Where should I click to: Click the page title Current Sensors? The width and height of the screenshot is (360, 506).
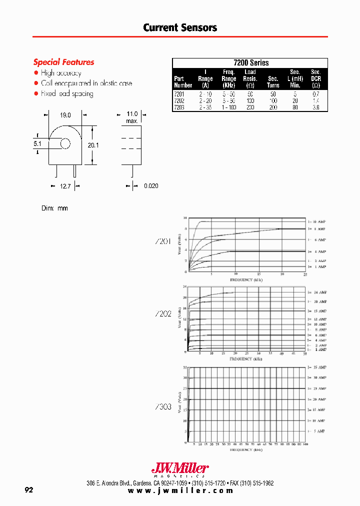pyautogui.click(x=180, y=28)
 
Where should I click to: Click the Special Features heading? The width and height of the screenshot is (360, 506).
pyautogui.click(x=63, y=62)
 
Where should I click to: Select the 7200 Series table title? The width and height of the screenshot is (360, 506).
pyautogui.click(x=250, y=63)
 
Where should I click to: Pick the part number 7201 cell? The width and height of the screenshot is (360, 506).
pyautogui.click(x=179, y=94)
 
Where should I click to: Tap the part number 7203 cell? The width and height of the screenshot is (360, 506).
pyautogui.click(x=179, y=107)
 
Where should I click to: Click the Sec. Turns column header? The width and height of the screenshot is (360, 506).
pyautogui.click(x=273, y=82)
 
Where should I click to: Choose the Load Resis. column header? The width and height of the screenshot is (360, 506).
pyautogui.click(x=250, y=78)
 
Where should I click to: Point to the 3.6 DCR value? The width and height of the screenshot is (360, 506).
pyautogui.click(x=315, y=107)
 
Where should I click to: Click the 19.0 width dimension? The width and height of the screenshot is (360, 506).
pyautogui.click(x=65, y=115)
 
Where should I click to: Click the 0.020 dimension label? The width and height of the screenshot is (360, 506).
pyautogui.click(x=151, y=186)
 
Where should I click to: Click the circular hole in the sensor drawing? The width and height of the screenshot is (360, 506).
pyautogui.click(x=65, y=144)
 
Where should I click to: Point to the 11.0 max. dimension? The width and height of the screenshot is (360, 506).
pyautogui.click(x=132, y=117)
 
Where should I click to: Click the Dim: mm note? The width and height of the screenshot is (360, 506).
pyautogui.click(x=54, y=208)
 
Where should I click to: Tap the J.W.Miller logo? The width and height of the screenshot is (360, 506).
pyautogui.click(x=180, y=469)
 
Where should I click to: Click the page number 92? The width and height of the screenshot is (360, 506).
pyautogui.click(x=29, y=490)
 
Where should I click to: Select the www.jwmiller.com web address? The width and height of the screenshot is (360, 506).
pyautogui.click(x=180, y=490)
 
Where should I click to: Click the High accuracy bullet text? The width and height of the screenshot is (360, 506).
pyautogui.click(x=61, y=73)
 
